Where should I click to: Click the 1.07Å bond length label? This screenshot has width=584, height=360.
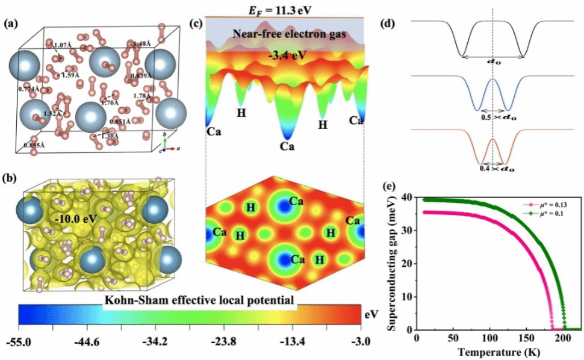click(x=63, y=46)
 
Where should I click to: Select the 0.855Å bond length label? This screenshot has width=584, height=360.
click(x=35, y=145)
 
